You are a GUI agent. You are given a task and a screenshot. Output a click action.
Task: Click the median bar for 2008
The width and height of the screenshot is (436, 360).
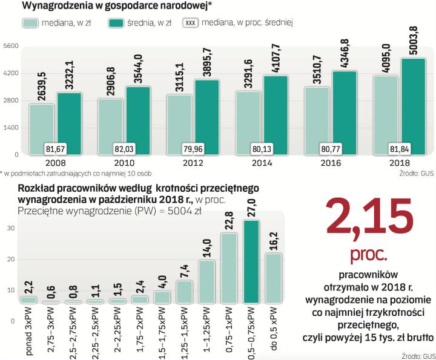pyautogui.click(x=42, y=128)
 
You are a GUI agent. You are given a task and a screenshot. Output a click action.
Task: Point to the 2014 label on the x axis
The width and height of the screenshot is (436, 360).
pyautogui.click(x=261, y=163)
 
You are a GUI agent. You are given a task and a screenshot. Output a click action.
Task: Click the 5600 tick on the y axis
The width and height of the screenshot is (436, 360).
pyautogui.click(x=11, y=47)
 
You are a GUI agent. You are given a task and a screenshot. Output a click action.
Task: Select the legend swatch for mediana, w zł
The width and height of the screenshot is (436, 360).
pyautogui.click(x=31, y=23)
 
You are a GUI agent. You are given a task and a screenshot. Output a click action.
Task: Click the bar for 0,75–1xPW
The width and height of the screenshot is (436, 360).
pyautogui.click(x=229, y=267)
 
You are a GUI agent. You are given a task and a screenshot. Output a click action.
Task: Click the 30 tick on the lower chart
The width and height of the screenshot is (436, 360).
pyautogui.click(x=11, y=228)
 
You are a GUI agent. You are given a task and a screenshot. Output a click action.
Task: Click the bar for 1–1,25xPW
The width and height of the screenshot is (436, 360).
pyautogui.click(x=206, y=281)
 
